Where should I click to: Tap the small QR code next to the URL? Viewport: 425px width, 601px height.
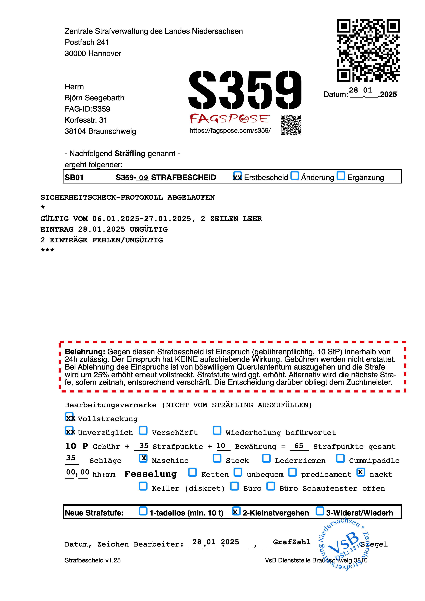click(291, 125)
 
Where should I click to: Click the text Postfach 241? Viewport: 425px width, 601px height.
click(87, 42)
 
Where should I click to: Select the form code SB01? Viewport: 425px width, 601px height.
click(74, 177)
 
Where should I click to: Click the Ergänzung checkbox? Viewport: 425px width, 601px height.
click(341, 176)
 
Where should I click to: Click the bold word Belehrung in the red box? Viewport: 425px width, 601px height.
click(85, 352)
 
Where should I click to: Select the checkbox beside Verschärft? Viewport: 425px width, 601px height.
click(143, 431)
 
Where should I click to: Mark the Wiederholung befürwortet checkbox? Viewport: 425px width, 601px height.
click(217, 431)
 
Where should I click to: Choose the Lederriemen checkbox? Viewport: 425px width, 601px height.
click(266, 458)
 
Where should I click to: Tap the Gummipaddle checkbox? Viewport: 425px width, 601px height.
click(340, 458)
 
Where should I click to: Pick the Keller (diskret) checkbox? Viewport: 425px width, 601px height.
click(143, 486)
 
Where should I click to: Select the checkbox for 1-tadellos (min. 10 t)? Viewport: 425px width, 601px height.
click(143, 511)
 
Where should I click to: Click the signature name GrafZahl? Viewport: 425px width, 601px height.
click(292, 542)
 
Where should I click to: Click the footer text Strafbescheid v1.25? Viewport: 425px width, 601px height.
click(93, 560)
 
